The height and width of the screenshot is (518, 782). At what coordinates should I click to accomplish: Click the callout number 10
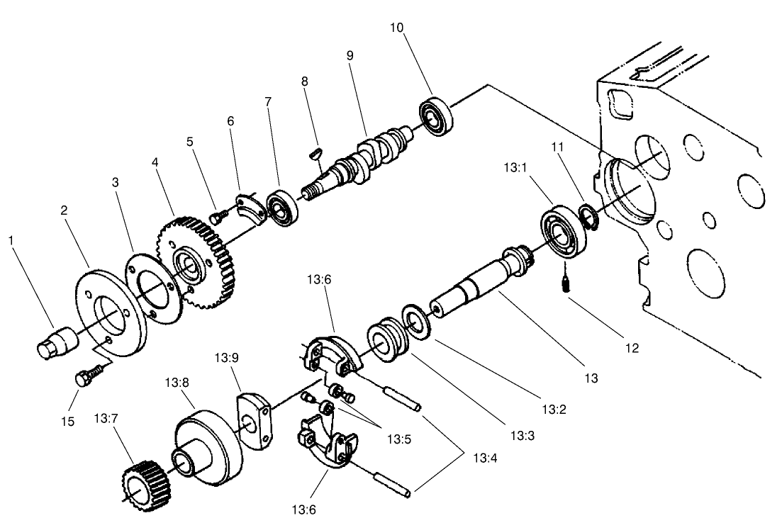click(397, 28)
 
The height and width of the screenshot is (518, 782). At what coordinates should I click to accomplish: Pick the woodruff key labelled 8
click(317, 151)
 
